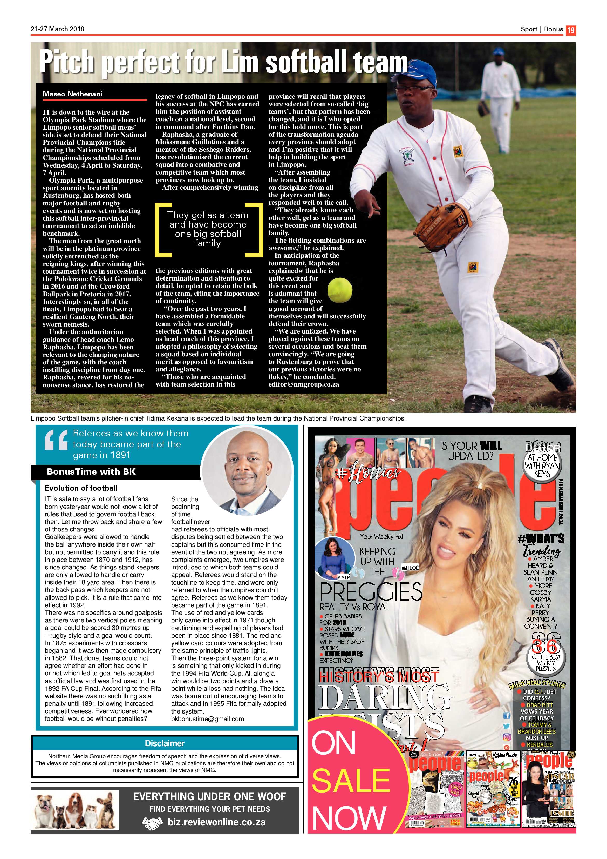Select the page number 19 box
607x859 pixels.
[571, 30]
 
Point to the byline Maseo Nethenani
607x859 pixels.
[72, 94]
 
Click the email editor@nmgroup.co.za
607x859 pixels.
[304, 384]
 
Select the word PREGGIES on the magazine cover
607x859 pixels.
[371, 591]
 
